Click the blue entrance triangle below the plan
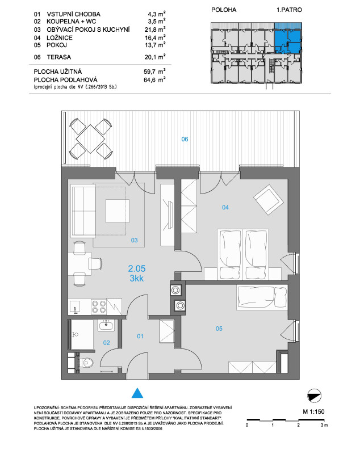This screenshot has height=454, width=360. pos(137,393)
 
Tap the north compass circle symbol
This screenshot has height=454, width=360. pos(314,396)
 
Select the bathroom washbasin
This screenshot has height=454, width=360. pos(106,326)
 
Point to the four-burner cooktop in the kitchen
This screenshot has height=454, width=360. pos(99,307)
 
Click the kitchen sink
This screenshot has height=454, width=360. pos(75,307)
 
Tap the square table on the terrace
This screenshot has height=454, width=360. pos(90,138)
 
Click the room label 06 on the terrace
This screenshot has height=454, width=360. pos(185,139)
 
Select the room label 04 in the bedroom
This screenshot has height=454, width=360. pos(225,207)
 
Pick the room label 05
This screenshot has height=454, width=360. pos(219,329)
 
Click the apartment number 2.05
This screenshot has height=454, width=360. pos(137,268)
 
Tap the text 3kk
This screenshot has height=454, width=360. pos(137,278)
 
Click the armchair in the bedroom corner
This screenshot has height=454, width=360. pos(269,200)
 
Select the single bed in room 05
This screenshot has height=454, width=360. pos(262,297)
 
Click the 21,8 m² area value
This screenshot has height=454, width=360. pos(155,30)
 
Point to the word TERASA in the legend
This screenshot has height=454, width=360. pos(59,57)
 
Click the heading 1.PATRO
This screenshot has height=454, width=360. pos(289,10)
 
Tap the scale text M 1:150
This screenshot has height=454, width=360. pos(313,411)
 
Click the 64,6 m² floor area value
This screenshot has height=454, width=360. pos(154,79)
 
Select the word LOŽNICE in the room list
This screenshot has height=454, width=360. pos(60,37)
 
